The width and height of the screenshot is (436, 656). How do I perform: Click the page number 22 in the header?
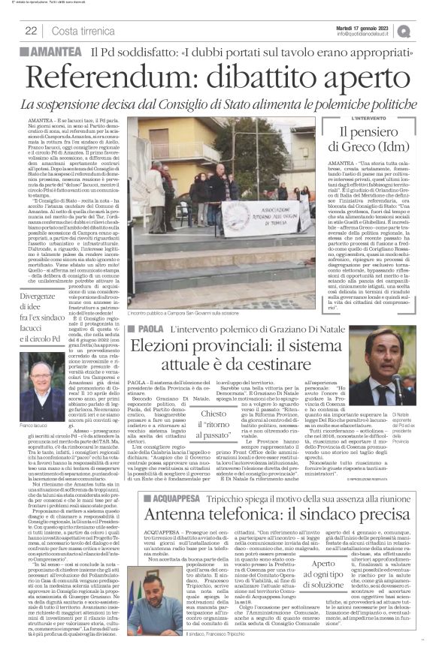[x=31, y=30]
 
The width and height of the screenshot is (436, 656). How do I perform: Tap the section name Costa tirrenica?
[x=83, y=30]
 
